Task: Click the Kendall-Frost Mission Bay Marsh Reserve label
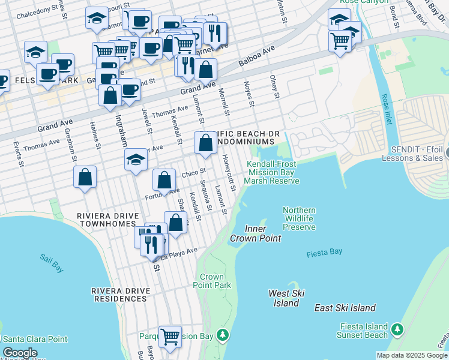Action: point(274,172)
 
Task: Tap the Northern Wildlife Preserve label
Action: point(299,218)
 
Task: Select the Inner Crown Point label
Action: point(255,233)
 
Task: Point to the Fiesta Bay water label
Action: point(324,254)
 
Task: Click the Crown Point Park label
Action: point(215,281)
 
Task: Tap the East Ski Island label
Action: point(345,308)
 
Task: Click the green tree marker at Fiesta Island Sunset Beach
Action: point(397,329)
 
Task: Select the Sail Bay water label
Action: point(52,263)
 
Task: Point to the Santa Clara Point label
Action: point(37,339)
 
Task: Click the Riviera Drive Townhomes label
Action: point(108,220)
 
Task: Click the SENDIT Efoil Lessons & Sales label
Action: point(416,154)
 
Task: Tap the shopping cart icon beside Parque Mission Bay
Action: point(170,335)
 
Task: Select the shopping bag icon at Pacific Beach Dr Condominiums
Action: point(205,143)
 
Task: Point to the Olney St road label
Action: point(275,87)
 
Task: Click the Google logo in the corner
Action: point(20,353)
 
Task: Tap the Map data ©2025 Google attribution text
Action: point(411,355)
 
